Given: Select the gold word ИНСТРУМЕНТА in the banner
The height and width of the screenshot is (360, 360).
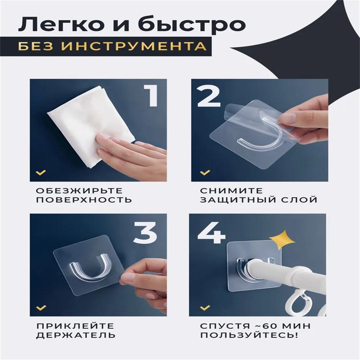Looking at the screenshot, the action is point(134,46).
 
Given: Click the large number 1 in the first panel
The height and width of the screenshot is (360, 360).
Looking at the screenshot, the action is point(151,96).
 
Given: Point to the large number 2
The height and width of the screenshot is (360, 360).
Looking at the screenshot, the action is point(208,96).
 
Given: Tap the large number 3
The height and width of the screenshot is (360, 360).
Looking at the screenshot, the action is point(146,233).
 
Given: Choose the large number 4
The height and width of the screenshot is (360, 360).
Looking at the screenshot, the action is point(211,233).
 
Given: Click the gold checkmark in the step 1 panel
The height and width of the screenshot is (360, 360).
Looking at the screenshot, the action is point(41,172).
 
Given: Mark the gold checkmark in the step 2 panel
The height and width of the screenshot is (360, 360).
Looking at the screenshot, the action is point(205,172).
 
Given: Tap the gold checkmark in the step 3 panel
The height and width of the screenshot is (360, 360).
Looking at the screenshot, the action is point(41,308).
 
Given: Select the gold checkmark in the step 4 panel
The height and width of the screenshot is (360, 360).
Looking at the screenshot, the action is point(205,308).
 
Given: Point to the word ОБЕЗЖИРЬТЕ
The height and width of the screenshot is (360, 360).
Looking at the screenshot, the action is point(80,191).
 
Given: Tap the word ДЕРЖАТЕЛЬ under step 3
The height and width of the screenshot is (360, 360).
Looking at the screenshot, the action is point(76,335).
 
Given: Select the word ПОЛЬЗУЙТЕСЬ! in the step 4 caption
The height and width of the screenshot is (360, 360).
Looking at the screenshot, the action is point(249,335).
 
